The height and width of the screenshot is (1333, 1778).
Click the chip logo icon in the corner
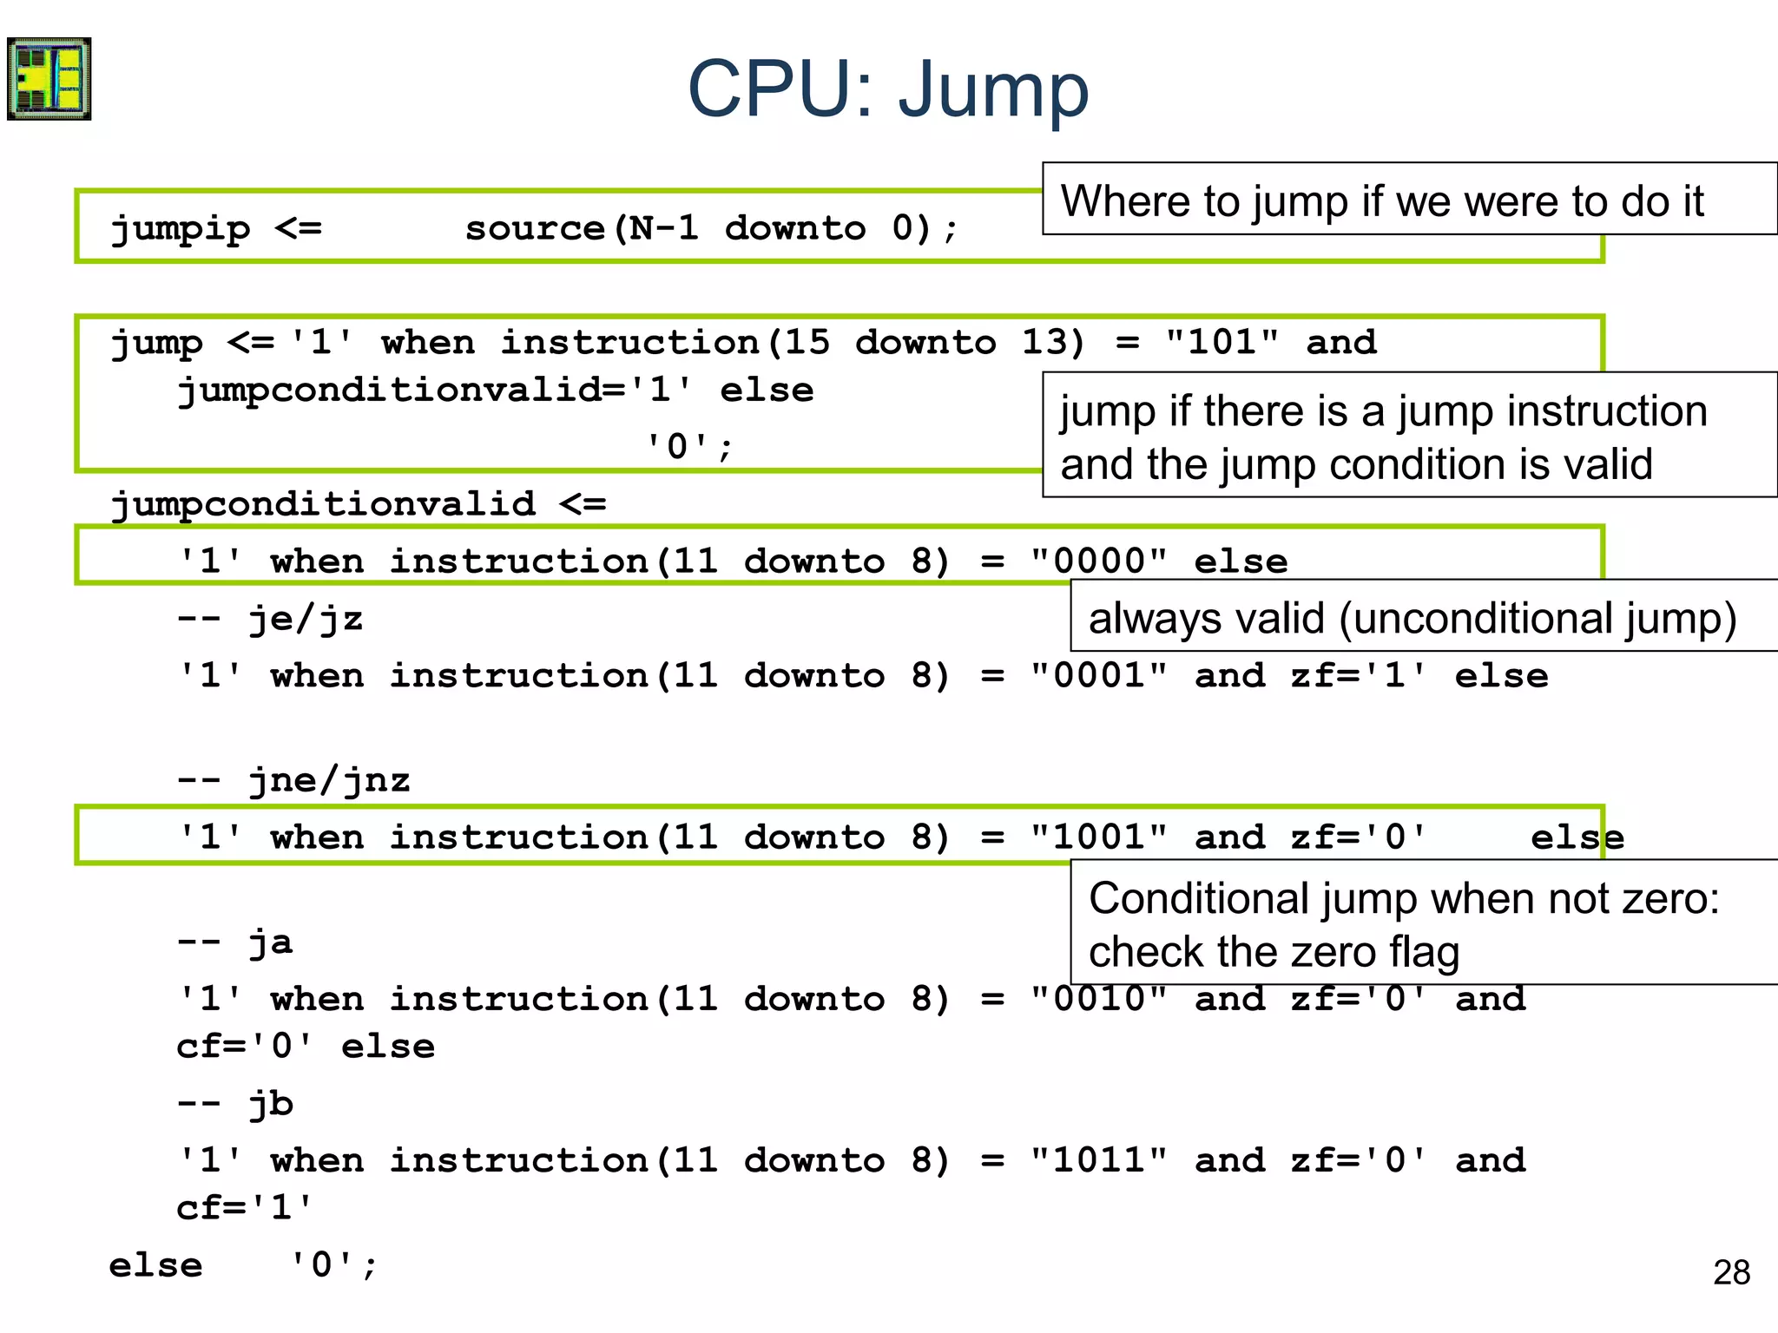pos(49,78)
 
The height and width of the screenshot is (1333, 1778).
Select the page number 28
pos(1731,1272)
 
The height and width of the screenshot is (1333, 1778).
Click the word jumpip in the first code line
pos(181,229)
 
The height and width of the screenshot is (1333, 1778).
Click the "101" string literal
pos(1222,342)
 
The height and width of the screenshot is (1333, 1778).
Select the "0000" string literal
pos(1098,561)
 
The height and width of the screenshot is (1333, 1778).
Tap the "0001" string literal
pos(1098,676)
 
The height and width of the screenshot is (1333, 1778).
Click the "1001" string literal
pos(1098,837)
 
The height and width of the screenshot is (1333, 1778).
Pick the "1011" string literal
pos(1098,1160)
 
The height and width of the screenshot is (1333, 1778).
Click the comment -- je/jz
pos(269,620)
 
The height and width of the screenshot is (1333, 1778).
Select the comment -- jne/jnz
pos(293,781)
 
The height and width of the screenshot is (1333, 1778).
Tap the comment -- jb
pos(234,1104)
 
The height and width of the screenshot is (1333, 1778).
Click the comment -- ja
pos(234,942)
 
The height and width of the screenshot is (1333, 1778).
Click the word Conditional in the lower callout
pos(1198,898)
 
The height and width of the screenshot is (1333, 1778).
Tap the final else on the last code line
pos(155,1266)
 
